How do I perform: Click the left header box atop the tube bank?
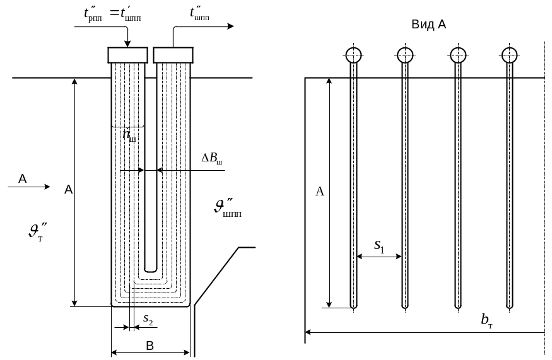pyautogui.click(x=127, y=55)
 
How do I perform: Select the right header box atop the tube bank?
pyautogui.click(x=173, y=55)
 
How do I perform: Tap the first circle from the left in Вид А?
pyautogui.click(x=354, y=55)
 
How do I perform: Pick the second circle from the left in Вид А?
pyautogui.click(x=406, y=55)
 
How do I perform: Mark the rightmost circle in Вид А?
pyautogui.click(x=510, y=55)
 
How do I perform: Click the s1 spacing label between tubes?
pyautogui.click(x=379, y=245)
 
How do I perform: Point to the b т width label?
pyautogui.click(x=486, y=321)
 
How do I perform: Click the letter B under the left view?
pyautogui.click(x=150, y=345)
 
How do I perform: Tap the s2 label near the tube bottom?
pyautogui.click(x=148, y=320)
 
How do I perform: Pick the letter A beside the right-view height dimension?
pyautogui.click(x=320, y=192)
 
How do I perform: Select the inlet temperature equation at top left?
pyautogui.click(x=108, y=15)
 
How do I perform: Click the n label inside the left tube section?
pyautogui.click(x=128, y=136)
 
